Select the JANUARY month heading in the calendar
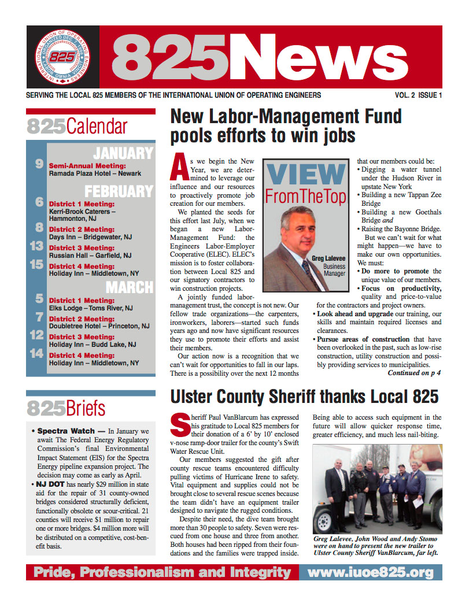pos(123,153)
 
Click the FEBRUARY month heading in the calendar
pos(119,191)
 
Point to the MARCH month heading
pos(130,287)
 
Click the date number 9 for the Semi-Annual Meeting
pos(39,164)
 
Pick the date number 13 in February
pos(37,247)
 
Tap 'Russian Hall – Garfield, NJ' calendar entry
pos(90,255)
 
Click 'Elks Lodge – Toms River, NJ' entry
pos(91,308)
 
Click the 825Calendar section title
pos(77,126)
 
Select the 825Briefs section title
pos(67,408)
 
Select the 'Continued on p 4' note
pos(414,373)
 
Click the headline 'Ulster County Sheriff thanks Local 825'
pos(304,397)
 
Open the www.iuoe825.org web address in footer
pos(370,572)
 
